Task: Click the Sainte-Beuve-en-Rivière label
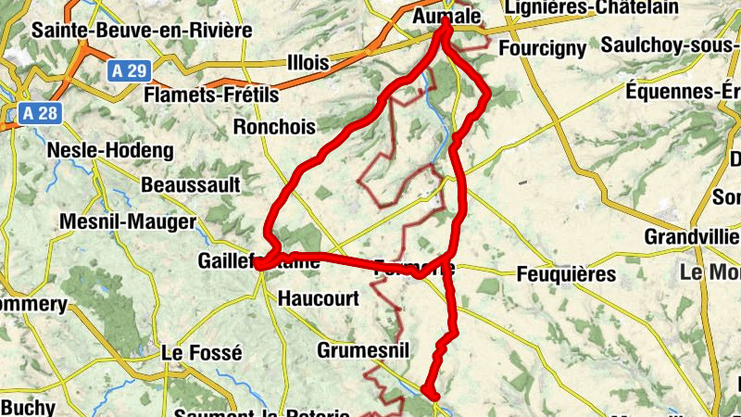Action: [142, 30]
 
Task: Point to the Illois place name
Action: [308, 63]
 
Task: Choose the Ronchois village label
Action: [275, 126]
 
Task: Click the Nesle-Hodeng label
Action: [109, 150]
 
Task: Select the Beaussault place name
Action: [191, 184]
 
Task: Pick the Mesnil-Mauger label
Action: [127, 221]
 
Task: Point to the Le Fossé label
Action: [201, 353]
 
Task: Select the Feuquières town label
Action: [566, 274]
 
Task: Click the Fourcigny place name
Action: [541, 47]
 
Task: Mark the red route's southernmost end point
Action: [429, 393]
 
